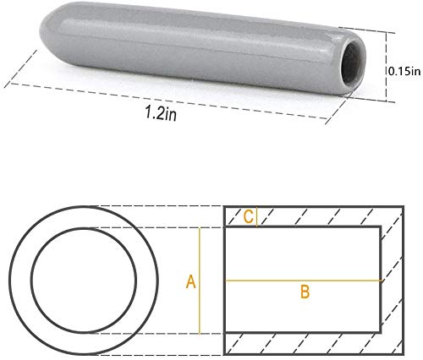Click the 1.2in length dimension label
click(161, 113)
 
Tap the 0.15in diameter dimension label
click(404, 71)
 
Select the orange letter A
click(191, 281)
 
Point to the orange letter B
click(305, 292)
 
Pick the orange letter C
click(249, 216)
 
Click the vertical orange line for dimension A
click(200, 281)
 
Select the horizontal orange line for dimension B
click(303, 281)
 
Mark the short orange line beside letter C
click(256, 217)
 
